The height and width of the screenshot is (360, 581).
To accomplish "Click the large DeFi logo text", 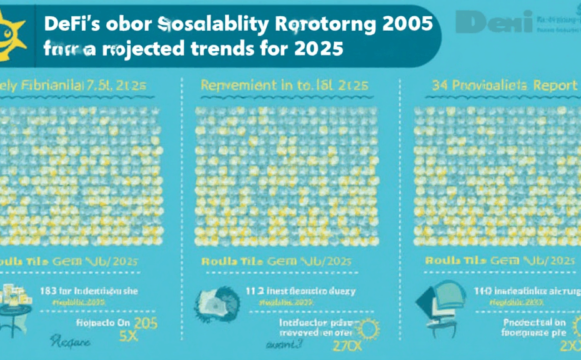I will click(x=494, y=22).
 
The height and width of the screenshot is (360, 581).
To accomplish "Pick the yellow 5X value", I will click(x=128, y=335).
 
